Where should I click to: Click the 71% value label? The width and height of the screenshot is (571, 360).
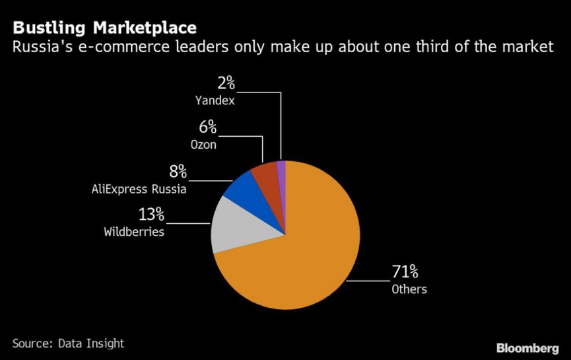[405, 271]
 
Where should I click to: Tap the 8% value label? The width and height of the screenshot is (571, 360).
[178, 172]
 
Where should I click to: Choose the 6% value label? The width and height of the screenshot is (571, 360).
[208, 127]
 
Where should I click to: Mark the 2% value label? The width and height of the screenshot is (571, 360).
[226, 84]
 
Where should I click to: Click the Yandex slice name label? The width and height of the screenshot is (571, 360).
[215, 101]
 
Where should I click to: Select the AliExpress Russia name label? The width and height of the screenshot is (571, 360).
[139, 190]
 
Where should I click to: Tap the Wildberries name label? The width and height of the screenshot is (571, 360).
[134, 232]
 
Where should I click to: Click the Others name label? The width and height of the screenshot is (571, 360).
[409, 289]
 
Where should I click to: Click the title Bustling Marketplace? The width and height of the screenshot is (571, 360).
[104, 28]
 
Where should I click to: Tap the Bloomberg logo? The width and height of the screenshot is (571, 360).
[527, 347]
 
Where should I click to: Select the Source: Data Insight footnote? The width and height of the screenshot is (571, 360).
[68, 343]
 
